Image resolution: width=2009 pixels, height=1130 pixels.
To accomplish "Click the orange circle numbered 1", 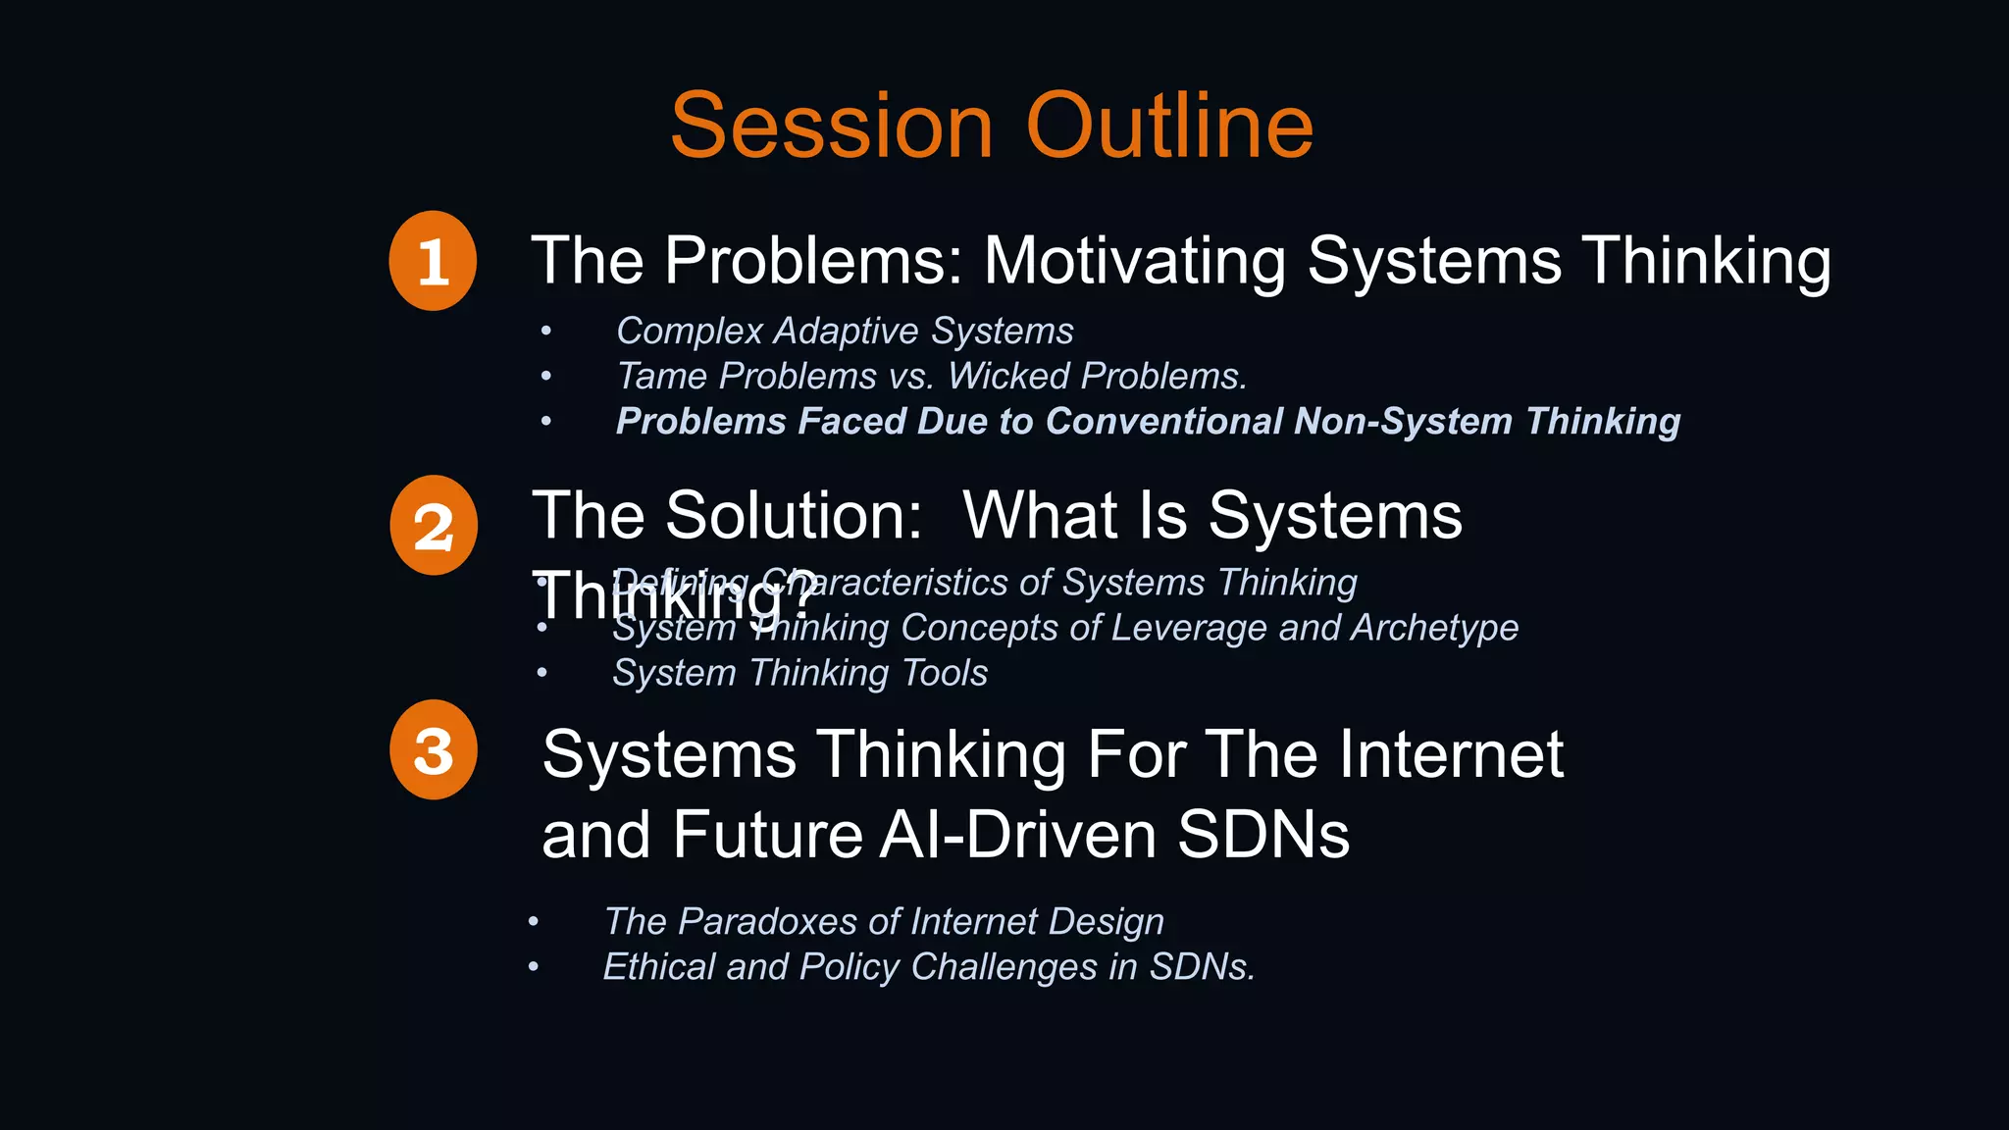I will (433, 261).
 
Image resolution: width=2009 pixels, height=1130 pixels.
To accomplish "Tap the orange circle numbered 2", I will (434, 526).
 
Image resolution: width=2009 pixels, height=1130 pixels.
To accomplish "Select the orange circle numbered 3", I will (434, 749).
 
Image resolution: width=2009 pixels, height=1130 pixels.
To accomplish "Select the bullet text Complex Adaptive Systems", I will (844, 332).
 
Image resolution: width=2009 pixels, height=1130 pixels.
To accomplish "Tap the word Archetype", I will (1434, 628).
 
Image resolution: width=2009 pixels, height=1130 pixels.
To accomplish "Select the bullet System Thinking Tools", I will (799, 673).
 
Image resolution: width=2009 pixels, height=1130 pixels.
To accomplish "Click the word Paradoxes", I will (767, 922).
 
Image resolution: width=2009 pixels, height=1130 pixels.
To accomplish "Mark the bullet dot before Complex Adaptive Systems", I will (546, 332).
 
